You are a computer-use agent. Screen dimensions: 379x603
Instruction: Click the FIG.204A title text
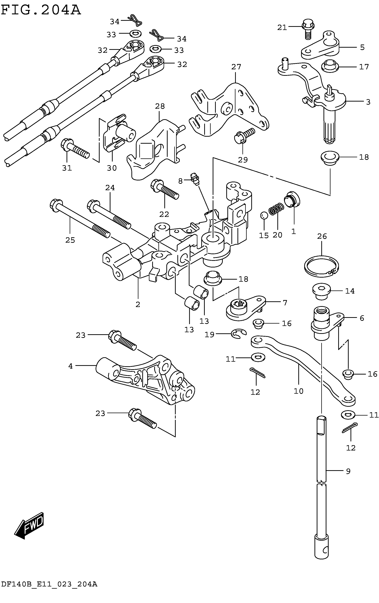coord(41,10)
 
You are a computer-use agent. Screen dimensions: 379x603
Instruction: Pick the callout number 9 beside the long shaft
coord(348,471)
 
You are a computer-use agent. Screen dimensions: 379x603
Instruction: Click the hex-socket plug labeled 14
coord(321,292)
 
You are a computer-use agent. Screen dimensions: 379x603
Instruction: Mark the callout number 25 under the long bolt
coord(70,240)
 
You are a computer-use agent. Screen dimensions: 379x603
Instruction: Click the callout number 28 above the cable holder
coord(160,107)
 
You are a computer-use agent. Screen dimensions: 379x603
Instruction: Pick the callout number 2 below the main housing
coord(138,304)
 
